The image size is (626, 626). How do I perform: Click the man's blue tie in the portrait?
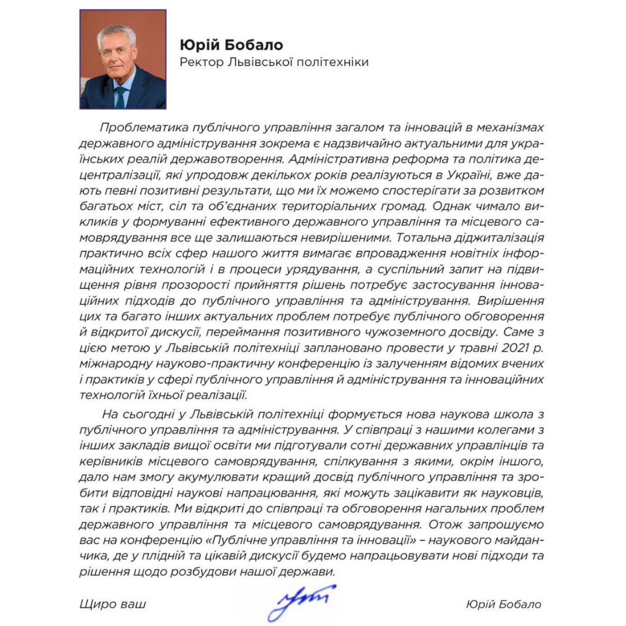(x=120, y=96)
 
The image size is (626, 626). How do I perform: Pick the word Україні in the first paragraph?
(x=411, y=174)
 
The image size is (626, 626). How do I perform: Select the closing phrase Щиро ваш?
(x=112, y=605)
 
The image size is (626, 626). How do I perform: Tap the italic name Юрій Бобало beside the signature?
(x=503, y=605)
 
